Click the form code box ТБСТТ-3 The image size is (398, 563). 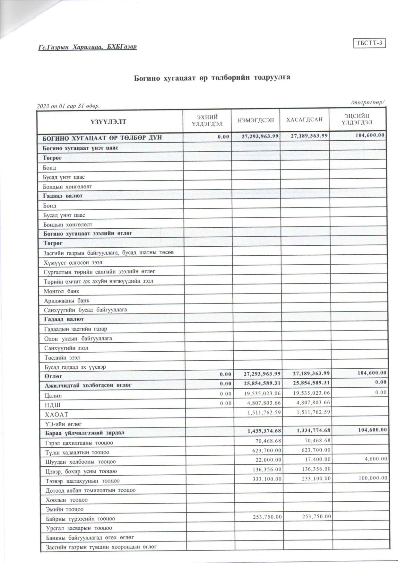[369, 43]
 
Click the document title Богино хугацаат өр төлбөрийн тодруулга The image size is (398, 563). [212, 78]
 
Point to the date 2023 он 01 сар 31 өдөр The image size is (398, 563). [68, 106]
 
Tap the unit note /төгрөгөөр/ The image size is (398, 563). [368, 102]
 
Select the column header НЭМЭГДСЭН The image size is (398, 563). [256, 120]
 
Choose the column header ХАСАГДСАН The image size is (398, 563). [304, 120]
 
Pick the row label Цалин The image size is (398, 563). [53, 396]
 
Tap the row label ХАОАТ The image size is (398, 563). [57, 415]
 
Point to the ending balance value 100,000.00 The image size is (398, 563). [373, 478]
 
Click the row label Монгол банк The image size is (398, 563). [62, 291]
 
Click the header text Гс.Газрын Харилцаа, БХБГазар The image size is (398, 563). [88, 47]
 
